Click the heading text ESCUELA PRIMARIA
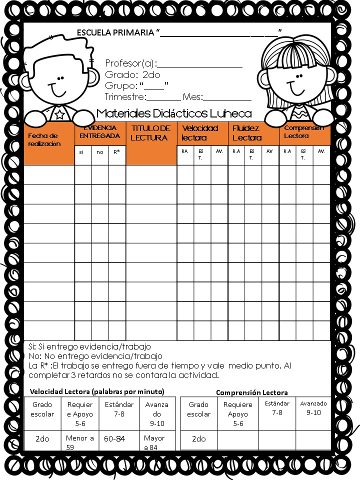coord(115,33)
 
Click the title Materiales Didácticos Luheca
coord(174,113)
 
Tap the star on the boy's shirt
coord(59,115)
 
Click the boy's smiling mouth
coord(58,92)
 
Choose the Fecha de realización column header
coord(44,139)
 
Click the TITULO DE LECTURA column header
coord(150,133)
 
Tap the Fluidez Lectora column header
coord(247,133)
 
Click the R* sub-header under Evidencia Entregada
coord(116,152)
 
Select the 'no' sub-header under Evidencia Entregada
coord(100,152)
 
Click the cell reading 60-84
coord(115,438)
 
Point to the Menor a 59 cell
coord(80,442)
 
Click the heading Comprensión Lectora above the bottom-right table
coord(251,392)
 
